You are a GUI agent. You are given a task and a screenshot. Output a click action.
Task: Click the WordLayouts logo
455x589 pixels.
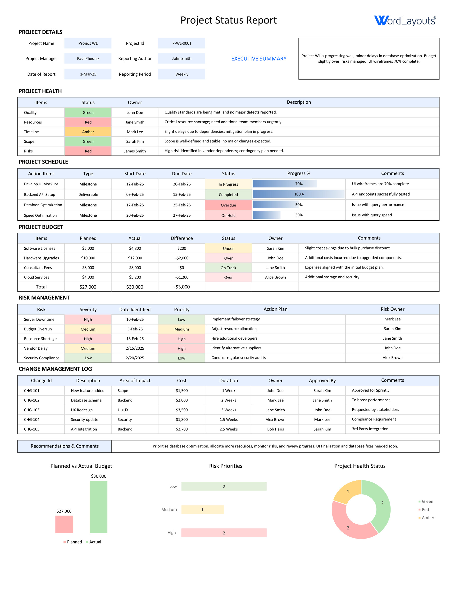click(405, 20)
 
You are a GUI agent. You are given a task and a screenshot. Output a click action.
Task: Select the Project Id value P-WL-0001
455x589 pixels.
click(182, 43)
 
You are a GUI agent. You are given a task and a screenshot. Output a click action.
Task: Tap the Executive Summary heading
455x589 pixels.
click(259, 59)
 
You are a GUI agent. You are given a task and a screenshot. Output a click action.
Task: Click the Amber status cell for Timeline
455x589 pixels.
click(88, 132)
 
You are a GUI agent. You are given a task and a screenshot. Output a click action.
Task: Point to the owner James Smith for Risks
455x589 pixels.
click(135, 151)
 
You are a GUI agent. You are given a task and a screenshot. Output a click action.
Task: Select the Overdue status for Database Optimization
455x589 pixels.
click(228, 205)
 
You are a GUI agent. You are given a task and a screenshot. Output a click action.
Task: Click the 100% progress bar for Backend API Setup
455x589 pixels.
click(298, 194)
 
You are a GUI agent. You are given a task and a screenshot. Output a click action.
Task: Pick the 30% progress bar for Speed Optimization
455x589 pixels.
click(266, 215)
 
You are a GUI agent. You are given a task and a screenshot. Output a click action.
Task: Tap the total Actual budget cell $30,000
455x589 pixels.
click(135, 287)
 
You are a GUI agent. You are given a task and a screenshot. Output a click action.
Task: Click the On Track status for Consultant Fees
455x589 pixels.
click(228, 268)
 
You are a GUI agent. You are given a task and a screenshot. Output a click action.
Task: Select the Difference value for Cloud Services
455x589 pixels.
click(182, 277)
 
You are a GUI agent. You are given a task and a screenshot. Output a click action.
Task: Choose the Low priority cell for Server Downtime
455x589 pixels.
click(182, 320)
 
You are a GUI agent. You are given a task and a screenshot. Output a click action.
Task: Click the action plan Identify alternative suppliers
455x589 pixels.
click(236, 348)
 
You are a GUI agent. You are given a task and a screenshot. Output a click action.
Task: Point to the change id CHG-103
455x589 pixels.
click(32, 410)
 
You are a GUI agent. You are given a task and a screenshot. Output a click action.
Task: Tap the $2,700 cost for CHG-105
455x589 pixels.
click(182, 429)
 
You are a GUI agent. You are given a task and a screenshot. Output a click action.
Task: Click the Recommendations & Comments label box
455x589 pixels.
click(64, 446)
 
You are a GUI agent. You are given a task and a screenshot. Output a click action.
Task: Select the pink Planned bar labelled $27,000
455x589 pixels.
click(64, 524)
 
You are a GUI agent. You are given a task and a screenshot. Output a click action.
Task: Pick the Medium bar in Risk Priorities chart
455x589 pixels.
click(202, 510)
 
